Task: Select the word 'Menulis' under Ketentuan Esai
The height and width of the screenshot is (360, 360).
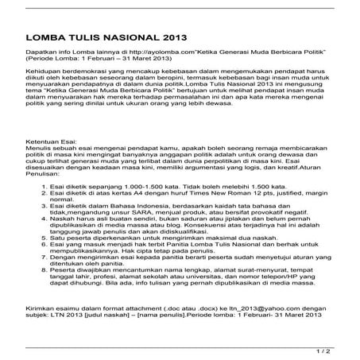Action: (x=41, y=145)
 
